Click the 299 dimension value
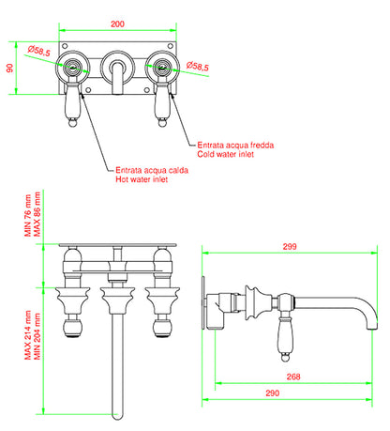(x=290, y=246)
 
